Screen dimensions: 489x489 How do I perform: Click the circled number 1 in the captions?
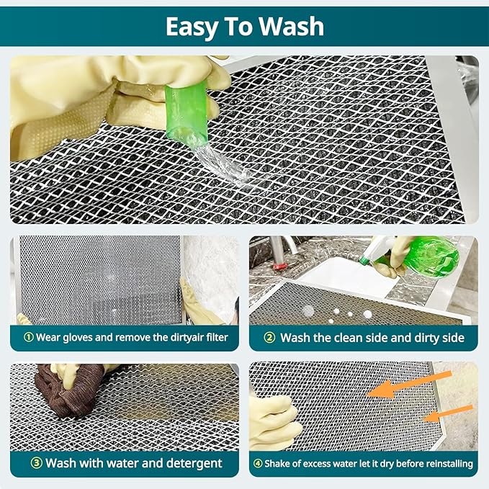28,337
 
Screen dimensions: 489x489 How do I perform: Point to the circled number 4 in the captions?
258,463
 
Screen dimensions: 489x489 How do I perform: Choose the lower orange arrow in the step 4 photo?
447,413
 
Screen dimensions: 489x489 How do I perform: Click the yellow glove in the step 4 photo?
274,421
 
